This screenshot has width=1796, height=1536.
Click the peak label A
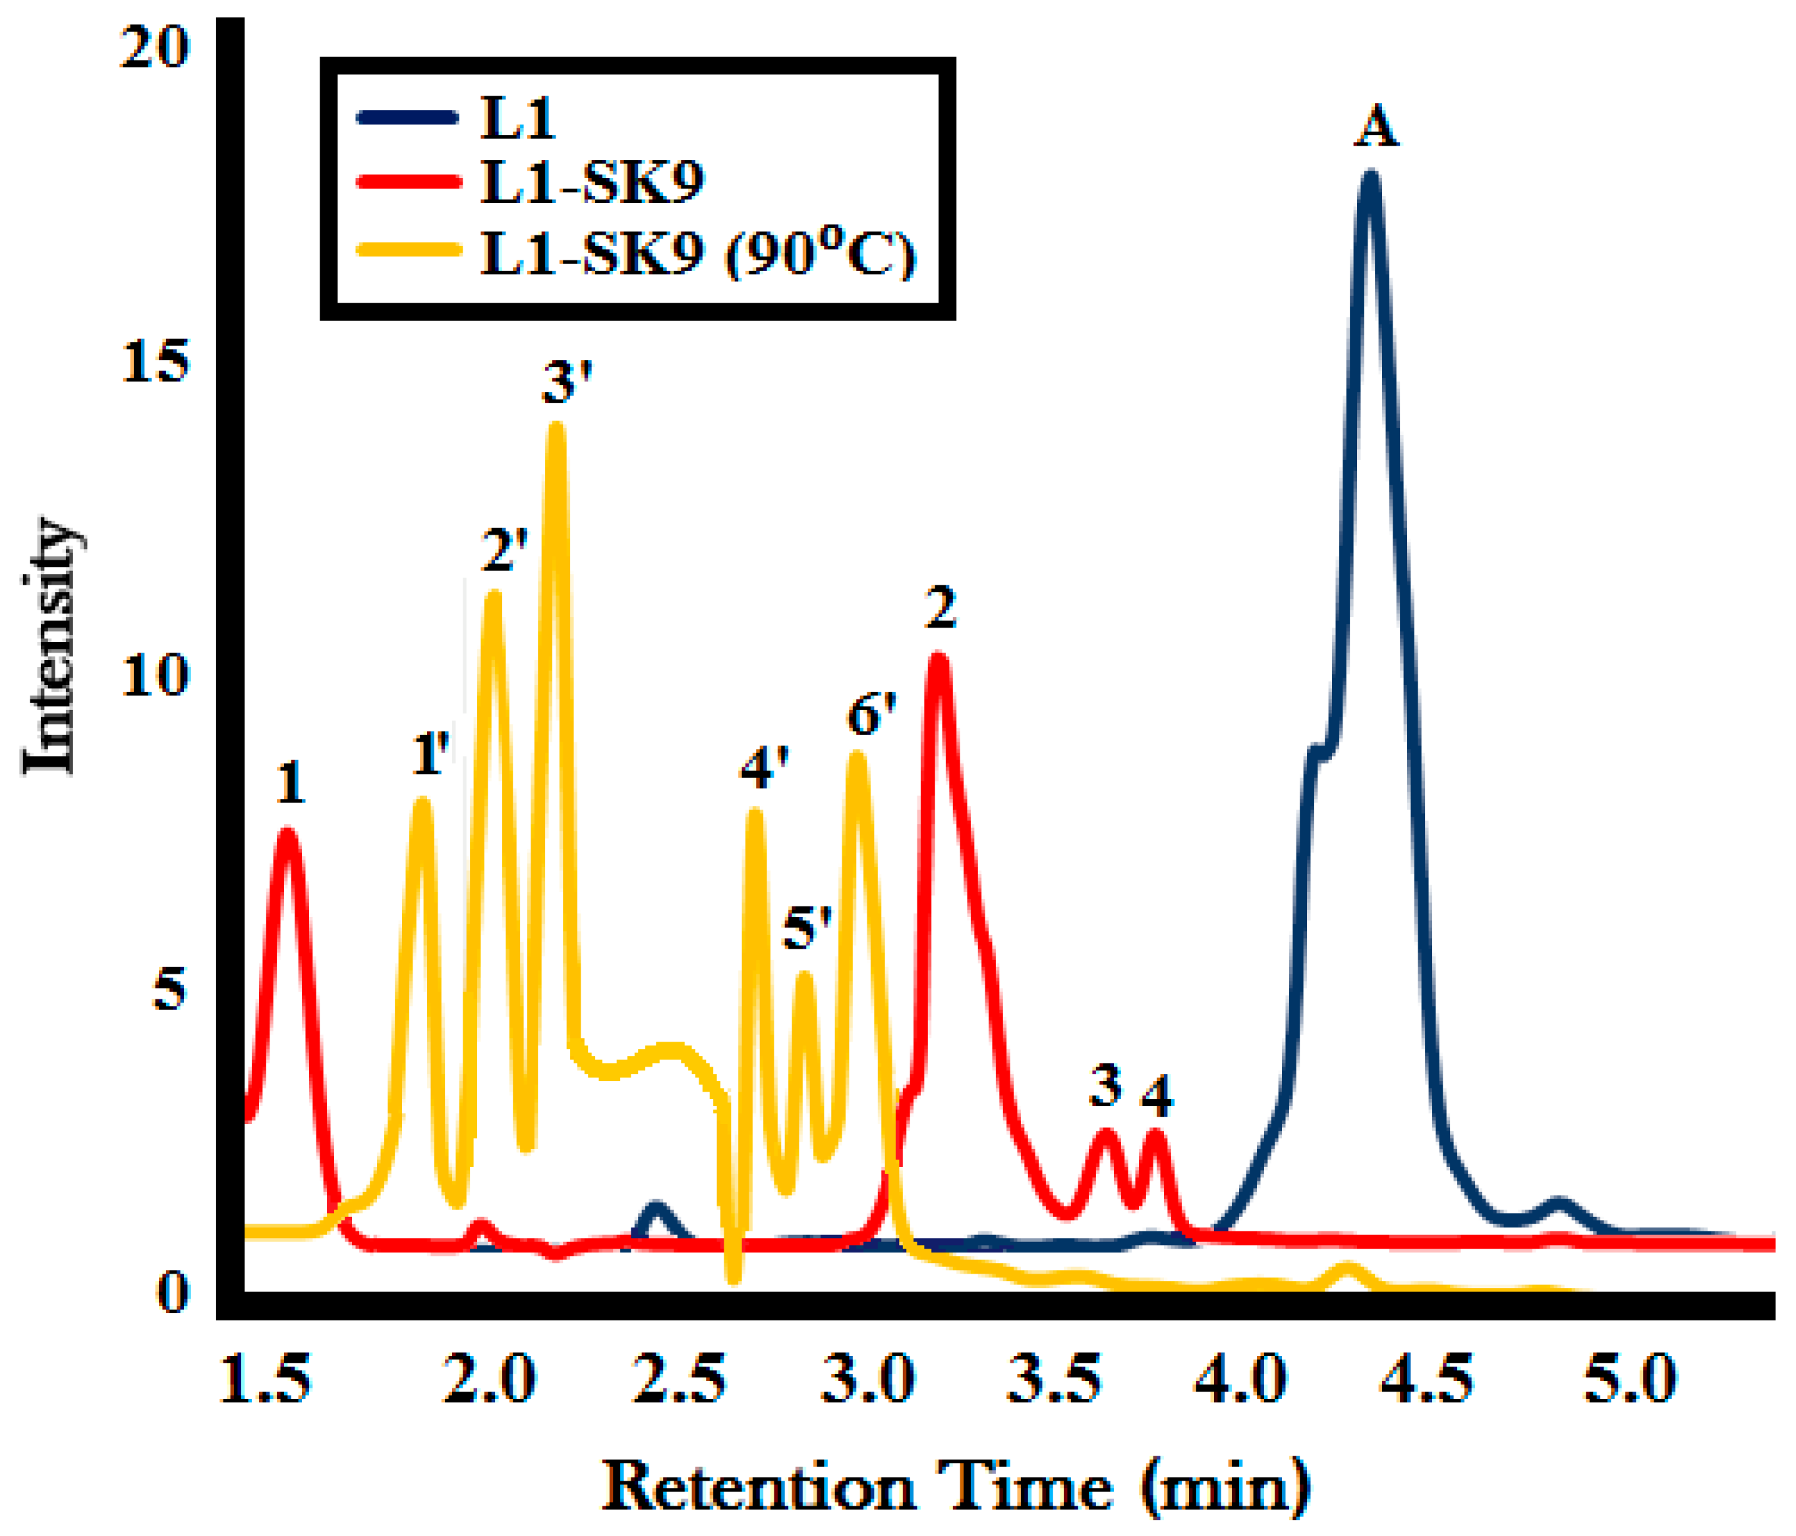pos(1376,129)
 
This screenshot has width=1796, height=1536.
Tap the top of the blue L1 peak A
pos(1370,178)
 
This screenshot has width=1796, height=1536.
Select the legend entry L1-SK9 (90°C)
pos(698,255)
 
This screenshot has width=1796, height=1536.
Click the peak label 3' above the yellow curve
pos(567,382)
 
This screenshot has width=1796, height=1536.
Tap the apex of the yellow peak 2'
pos(493,598)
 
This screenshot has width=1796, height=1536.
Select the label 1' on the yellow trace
pos(430,753)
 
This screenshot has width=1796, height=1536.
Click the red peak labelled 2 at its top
pos(938,661)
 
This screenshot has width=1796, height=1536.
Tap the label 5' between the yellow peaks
pos(807,930)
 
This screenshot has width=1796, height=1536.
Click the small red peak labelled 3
pos(1105,1136)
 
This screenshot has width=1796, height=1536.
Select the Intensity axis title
pos(50,646)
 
